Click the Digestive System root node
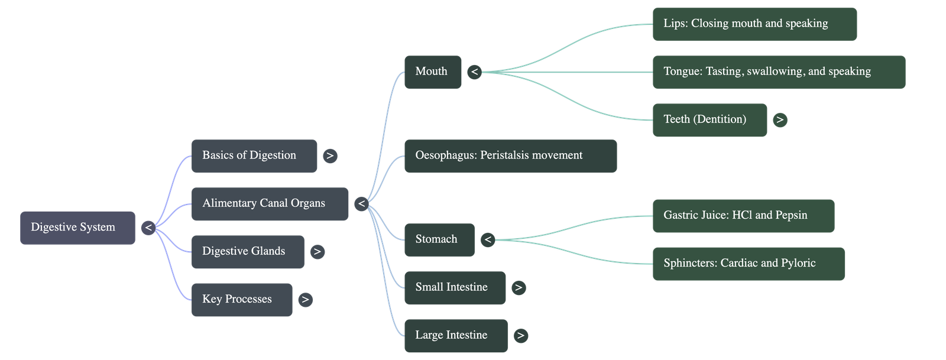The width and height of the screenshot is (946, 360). coord(77,228)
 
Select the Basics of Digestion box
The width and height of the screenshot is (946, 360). coord(254,156)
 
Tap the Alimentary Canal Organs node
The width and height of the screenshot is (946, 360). coord(270,204)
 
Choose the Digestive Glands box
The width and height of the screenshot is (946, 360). coord(248,252)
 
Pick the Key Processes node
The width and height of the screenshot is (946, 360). coord(241,300)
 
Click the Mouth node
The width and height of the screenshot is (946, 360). coord(432,72)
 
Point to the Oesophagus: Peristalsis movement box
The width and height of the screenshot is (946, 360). coord(510,156)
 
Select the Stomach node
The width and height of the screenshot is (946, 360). coord(439,239)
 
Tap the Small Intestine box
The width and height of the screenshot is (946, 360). coord(455,288)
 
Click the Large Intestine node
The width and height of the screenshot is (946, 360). coord(456,336)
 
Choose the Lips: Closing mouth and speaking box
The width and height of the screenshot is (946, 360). coord(754,24)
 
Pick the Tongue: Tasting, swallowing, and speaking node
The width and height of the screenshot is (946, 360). coord(779,72)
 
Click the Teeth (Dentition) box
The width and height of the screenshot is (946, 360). coord(710,120)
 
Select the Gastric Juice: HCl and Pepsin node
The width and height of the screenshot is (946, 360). coord(743,216)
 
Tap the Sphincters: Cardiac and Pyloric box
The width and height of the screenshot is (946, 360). coord(749,264)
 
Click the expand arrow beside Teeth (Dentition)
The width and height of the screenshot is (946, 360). coord(780,120)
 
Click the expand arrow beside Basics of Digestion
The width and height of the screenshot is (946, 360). coord(330,156)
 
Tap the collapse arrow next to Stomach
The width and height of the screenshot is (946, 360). coord(487,239)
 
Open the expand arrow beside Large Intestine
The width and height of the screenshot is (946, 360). coord(520,336)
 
